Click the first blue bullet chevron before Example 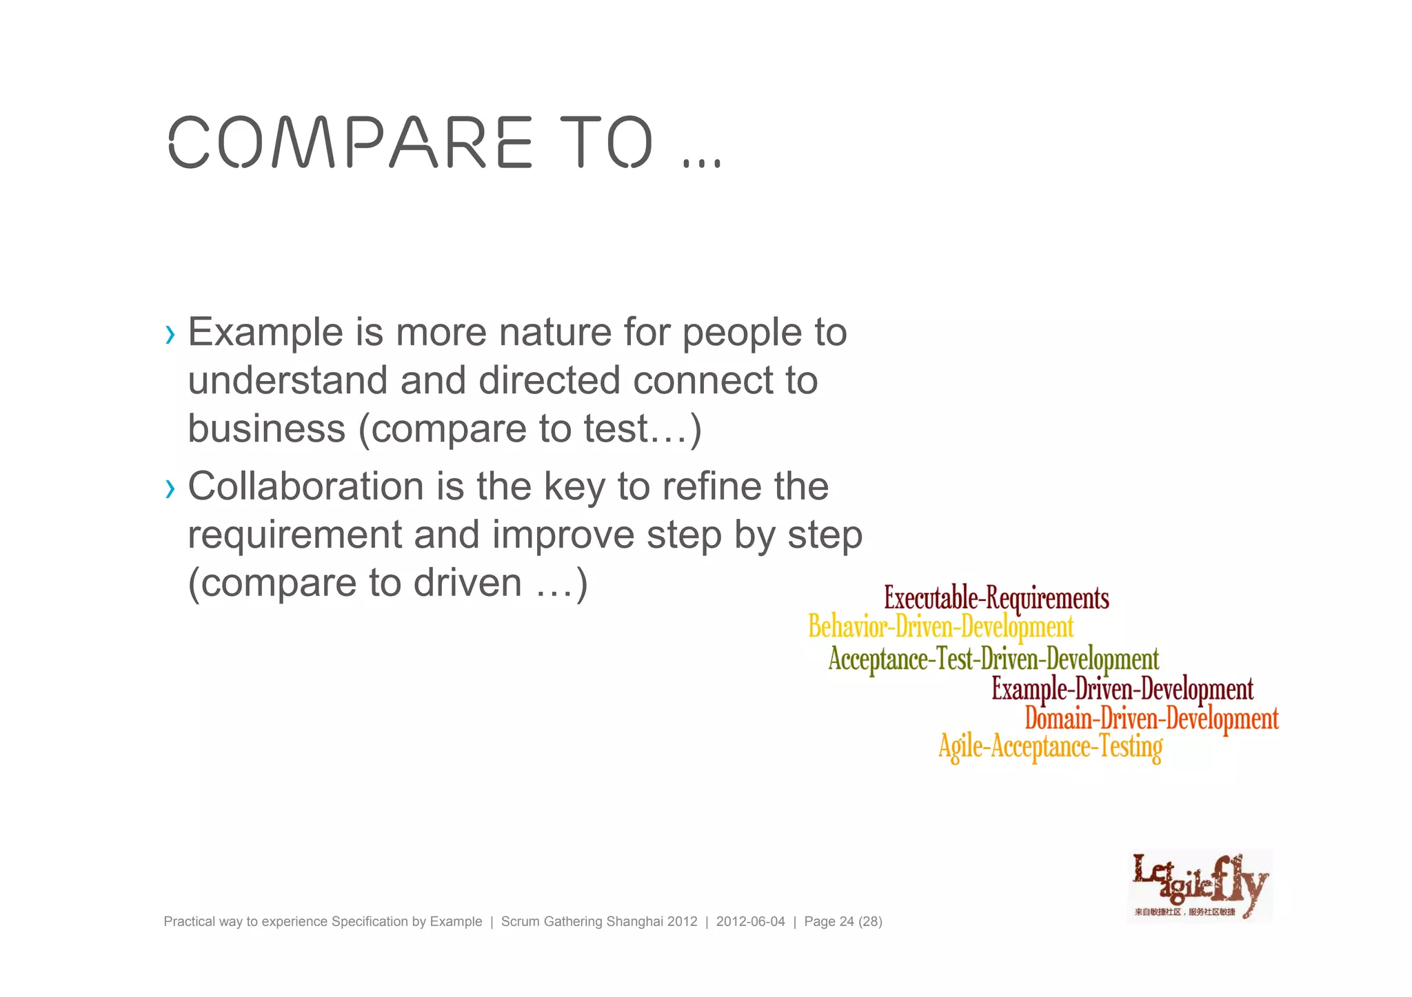(x=170, y=335)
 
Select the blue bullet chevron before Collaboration (x=170, y=489)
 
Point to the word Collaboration (x=305, y=486)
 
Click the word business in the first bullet (x=266, y=429)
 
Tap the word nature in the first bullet (x=555, y=332)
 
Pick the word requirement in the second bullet (x=294, y=535)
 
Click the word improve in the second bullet (x=563, y=535)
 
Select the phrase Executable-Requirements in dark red (x=996, y=598)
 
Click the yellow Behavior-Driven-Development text (x=940, y=627)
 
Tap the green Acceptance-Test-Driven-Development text (x=994, y=659)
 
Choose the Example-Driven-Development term (x=1122, y=689)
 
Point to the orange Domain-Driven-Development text (x=1151, y=719)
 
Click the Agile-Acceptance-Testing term (x=1050, y=747)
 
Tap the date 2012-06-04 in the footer (x=750, y=922)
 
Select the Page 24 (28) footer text (x=843, y=922)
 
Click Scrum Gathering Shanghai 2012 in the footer (x=598, y=922)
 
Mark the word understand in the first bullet (x=288, y=380)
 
